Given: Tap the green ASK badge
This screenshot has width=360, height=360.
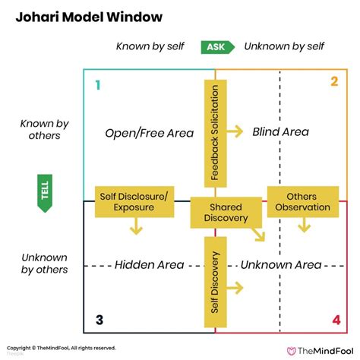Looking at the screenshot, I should [216, 47].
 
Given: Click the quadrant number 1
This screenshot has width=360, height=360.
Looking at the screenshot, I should [96, 84].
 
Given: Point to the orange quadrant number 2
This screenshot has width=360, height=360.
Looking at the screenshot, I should [333, 82].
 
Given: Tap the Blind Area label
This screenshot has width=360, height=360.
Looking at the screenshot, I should [280, 132].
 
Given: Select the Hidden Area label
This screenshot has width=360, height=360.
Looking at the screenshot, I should [149, 264].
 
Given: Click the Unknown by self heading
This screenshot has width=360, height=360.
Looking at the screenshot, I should [284, 47].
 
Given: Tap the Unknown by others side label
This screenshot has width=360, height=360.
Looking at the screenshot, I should [44, 263].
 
